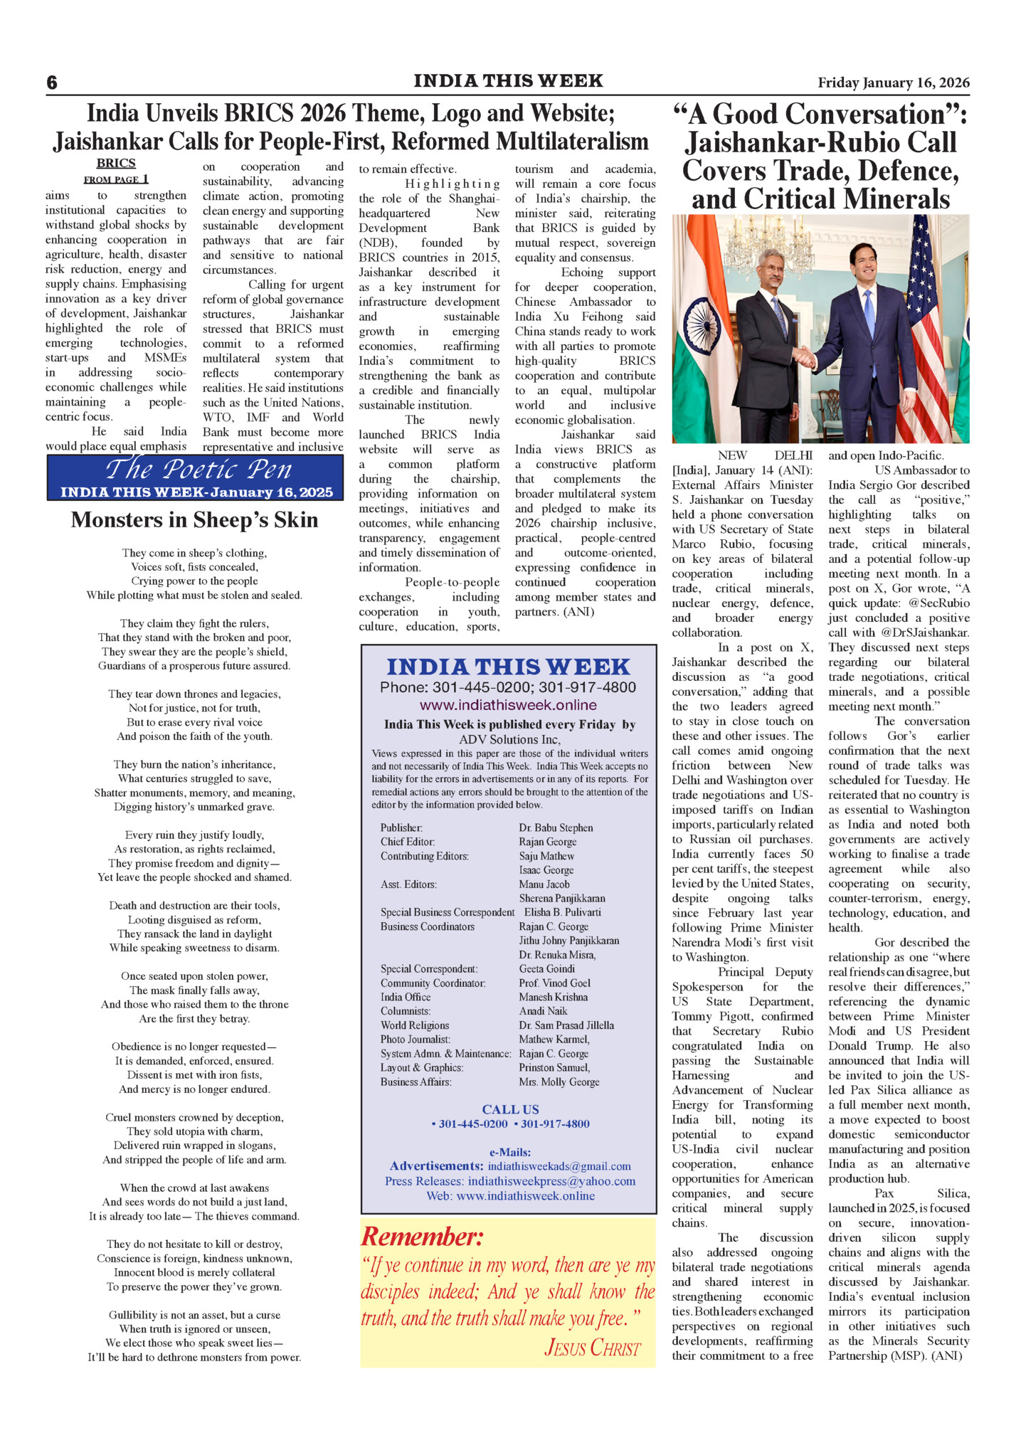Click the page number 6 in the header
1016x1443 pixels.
(x=52, y=83)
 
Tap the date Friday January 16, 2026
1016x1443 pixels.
(x=893, y=83)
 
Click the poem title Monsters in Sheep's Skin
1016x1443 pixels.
(x=194, y=520)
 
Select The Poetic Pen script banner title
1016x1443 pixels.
(x=199, y=470)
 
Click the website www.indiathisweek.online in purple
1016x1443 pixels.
(x=508, y=705)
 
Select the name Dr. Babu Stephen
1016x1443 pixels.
(x=556, y=828)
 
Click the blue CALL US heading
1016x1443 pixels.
(x=510, y=1109)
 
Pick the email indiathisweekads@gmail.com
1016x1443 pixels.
(x=559, y=1166)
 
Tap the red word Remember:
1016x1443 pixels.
(x=422, y=1237)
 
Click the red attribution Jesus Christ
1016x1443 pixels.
(x=592, y=1347)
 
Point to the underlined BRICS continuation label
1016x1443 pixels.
(x=116, y=164)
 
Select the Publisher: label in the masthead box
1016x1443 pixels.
(x=401, y=828)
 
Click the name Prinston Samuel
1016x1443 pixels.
(x=554, y=1067)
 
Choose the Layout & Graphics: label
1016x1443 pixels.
(x=422, y=1067)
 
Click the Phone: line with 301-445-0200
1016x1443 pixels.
(x=508, y=687)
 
